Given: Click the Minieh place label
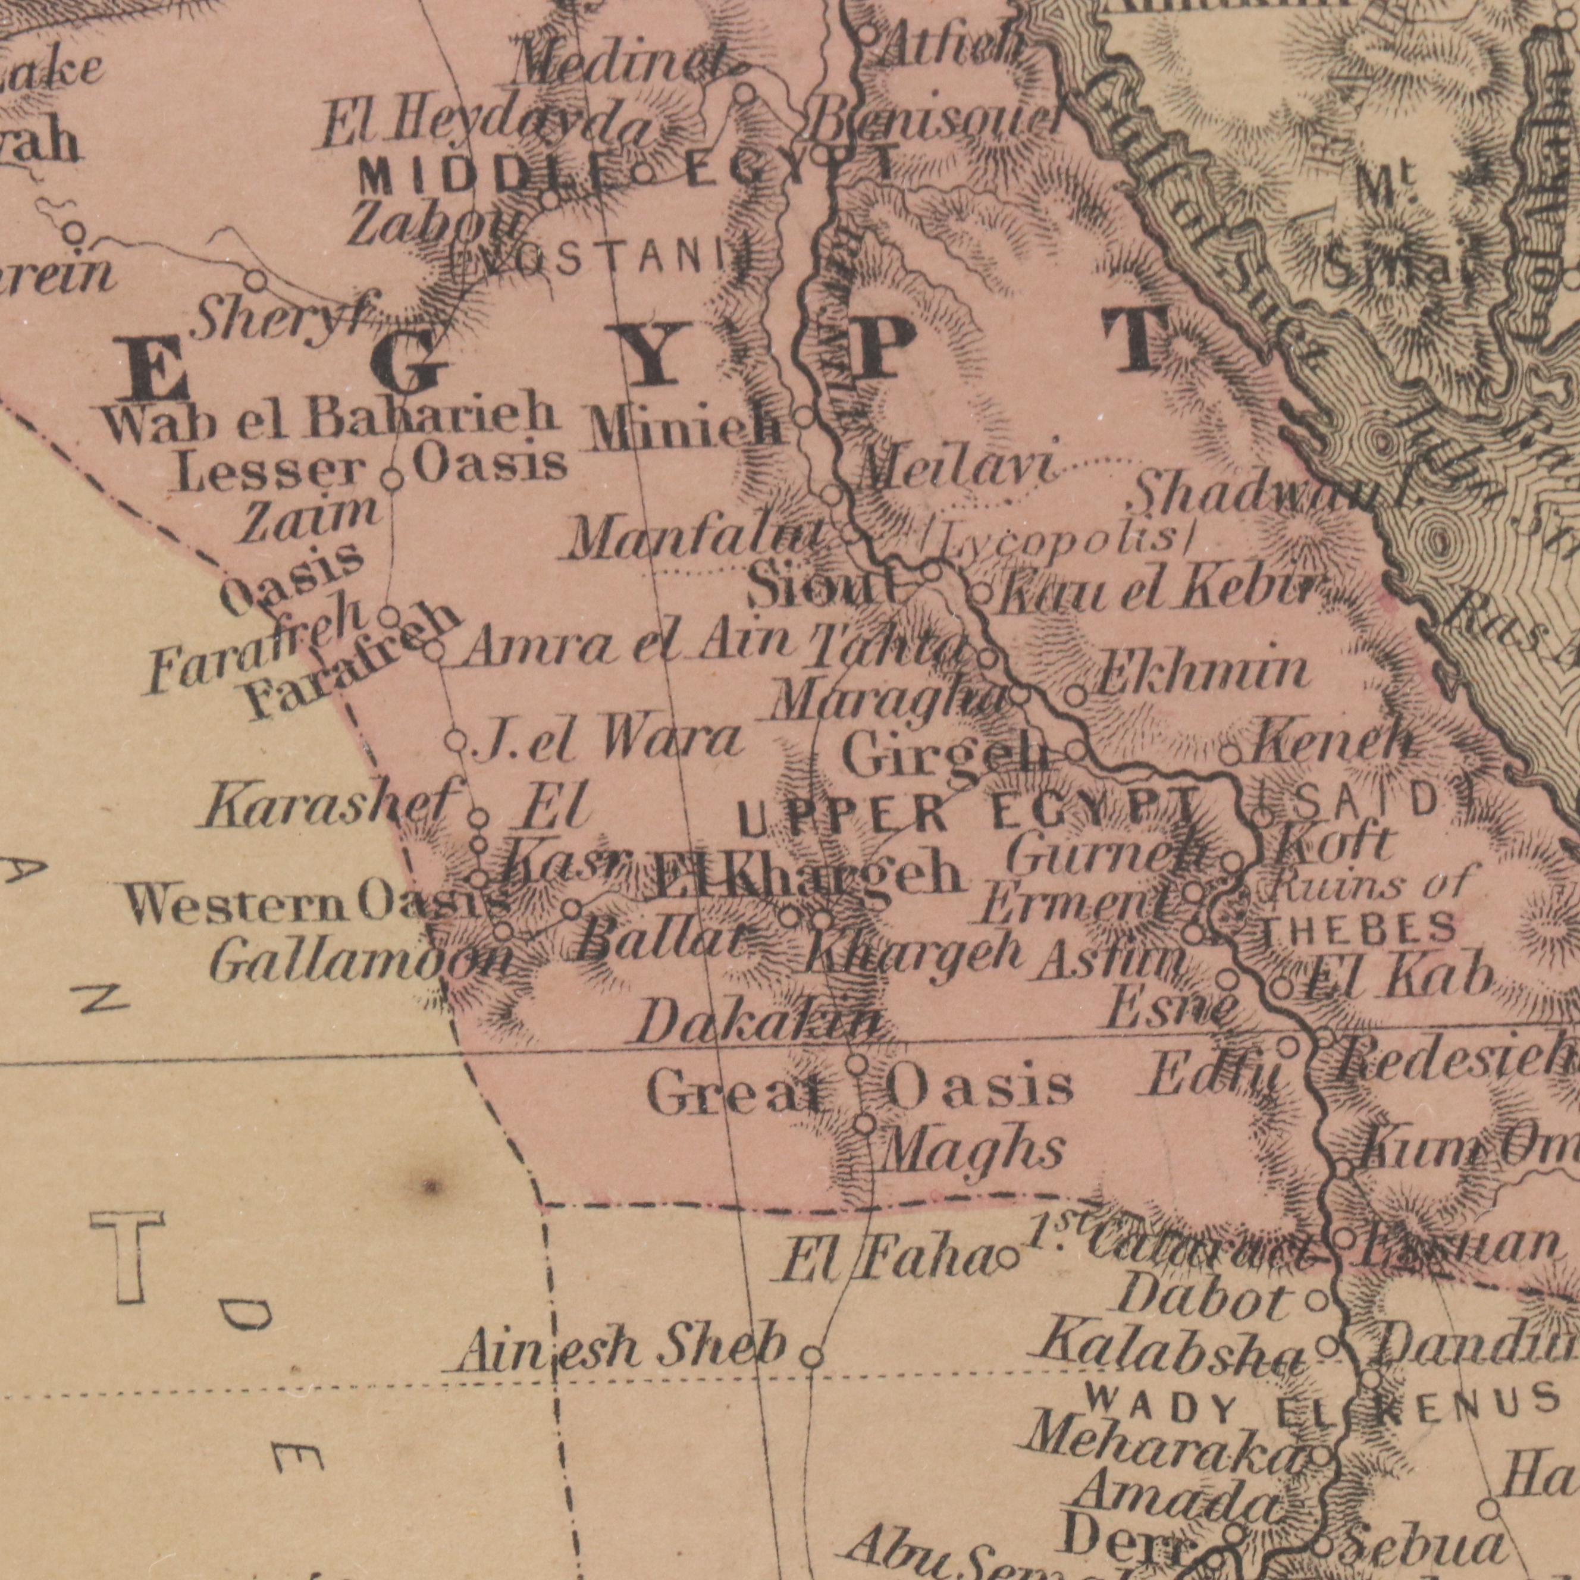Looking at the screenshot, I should pyautogui.click(x=685, y=427).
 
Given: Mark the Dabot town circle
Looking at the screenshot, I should pyautogui.click(x=1316, y=1300).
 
